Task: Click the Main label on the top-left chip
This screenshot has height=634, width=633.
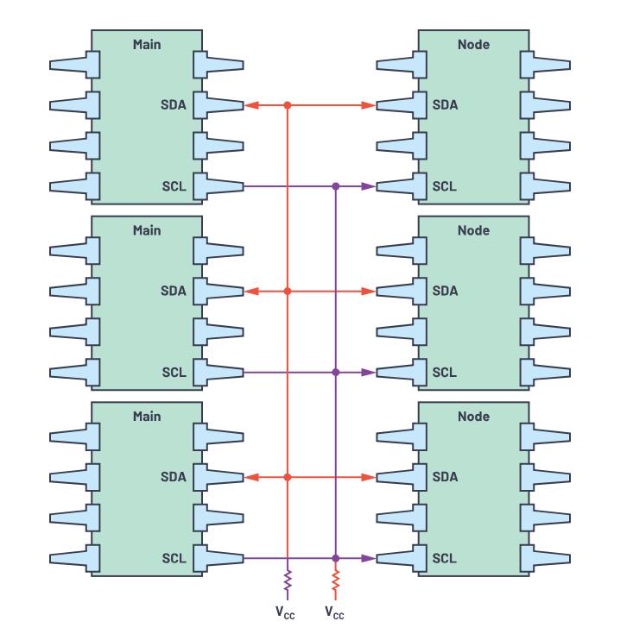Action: [x=147, y=44]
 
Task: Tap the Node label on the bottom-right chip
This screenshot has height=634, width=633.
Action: [x=473, y=417]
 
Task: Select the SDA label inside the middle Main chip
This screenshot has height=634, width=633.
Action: [x=174, y=291]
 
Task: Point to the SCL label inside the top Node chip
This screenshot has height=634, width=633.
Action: [x=444, y=186]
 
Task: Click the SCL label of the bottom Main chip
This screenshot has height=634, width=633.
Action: [x=174, y=559]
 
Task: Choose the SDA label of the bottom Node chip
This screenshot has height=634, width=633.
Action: [x=445, y=476]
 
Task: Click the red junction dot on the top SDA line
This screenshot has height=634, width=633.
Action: [x=288, y=105]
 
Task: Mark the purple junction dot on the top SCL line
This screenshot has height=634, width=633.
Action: [x=336, y=186]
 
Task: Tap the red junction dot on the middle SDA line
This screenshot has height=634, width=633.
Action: [x=288, y=292]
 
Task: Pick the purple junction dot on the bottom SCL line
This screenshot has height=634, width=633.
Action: [x=336, y=558]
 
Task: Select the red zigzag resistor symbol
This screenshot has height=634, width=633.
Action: [x=336, y=583]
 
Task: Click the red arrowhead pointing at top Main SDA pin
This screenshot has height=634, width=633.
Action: [x=251, y=105]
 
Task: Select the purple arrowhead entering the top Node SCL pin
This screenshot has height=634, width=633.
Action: [x=368, y=186]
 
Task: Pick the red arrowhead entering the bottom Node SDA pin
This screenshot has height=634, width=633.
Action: [x=368, y=477]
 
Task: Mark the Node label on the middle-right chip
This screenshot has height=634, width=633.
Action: [x=473, y=230]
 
